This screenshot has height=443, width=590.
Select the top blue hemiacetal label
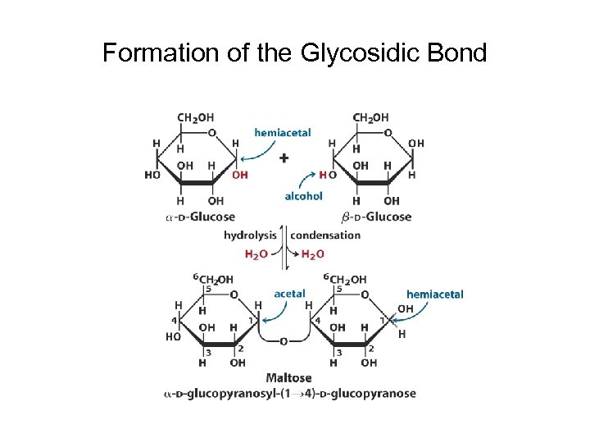click(x=282, y=132)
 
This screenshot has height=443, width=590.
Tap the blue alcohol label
click(x=303, y=196)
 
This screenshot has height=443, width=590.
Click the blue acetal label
click(x=289, y=293)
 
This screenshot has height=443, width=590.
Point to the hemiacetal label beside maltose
click(x=434, y=294)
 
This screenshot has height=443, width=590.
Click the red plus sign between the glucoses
click(x=284, y=158)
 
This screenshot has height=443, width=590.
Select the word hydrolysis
click(x=250, y=235)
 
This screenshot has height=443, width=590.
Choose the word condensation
click(x=325, y=235)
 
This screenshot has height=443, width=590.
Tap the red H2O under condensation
click(x=312, y=254)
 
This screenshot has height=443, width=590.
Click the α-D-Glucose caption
click(x=200, y=217)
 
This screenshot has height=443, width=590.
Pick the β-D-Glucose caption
click(x=376, y=217)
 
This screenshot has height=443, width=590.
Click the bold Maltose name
click(x=288, y=378)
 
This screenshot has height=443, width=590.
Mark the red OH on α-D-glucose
click(x=239, y=175)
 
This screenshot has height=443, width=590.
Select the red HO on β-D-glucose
click(x=328, y=175)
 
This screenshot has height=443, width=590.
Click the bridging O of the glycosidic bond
click(x=283, y=341)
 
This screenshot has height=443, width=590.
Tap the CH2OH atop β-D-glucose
click(x=370, y=118)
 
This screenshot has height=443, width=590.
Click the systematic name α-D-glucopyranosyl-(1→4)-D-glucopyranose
click(x=288, y=394)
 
